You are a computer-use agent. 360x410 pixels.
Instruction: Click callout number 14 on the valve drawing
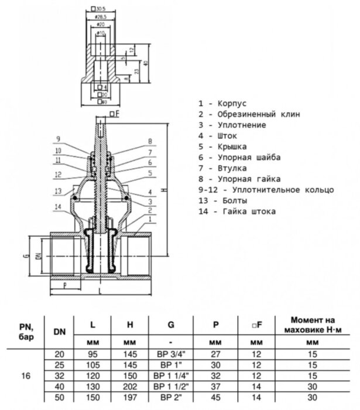(x=58, y=206)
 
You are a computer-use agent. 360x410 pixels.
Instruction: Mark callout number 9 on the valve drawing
(x=58, y=139)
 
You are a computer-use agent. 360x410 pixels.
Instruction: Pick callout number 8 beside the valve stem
(x=150, y=142)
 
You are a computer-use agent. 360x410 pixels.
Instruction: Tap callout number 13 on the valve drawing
(x=58, y=191)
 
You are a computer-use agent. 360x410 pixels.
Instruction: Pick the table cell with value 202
(x=129, y=387)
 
